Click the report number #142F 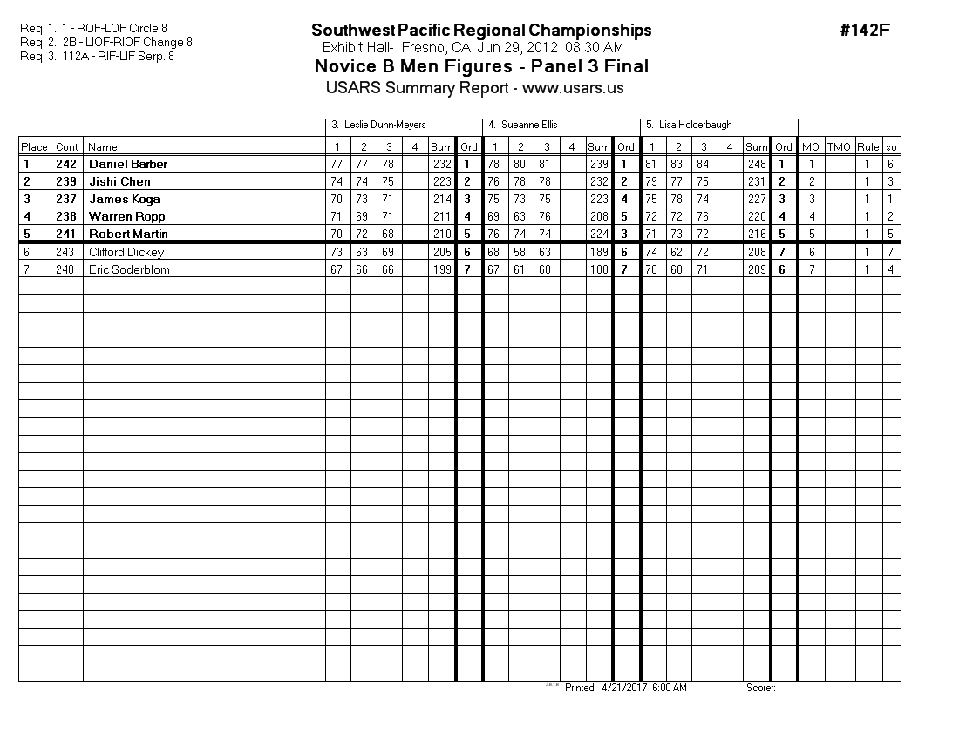pos(865,31)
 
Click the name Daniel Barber pos(128,164)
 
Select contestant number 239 pos(66,181)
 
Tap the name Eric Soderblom pos(129,269)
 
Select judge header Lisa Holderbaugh pos(689,125)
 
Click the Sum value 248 pos(757,164)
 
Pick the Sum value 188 pos(598,269)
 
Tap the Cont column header pos(67,147)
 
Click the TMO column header pos(839,147)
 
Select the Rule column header pos(867,147)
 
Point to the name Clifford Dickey pos(126,252)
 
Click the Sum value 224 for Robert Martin pos(598,234)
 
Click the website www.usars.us pos(573,88)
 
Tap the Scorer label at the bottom pos(760,688)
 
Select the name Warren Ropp pos(126,216)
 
